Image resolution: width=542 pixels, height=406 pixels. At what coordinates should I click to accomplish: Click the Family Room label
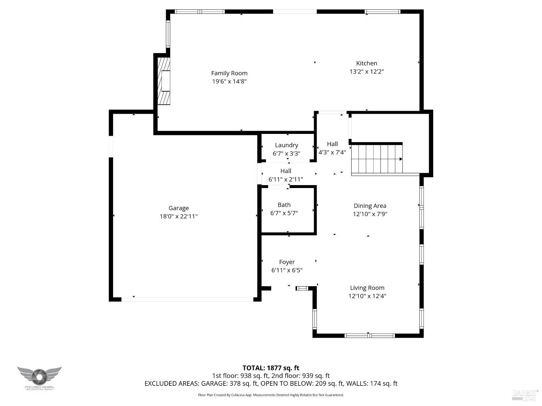pyautogui.click(x=229, y=73)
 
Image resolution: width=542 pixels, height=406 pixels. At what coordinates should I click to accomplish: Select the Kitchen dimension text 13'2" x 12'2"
pyautogui.click(x=366, y=71)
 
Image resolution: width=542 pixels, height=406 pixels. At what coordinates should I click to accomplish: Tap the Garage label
pyautogui.click(x=178, y=208)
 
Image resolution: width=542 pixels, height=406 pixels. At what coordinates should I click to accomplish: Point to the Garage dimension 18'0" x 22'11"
pyautogui.click(x=178, y=217)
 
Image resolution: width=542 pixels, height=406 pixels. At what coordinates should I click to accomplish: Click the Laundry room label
pyautogui.click(x=287, y=145)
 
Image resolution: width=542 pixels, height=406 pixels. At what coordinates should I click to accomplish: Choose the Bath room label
pyautogui.click(x=284, y=205)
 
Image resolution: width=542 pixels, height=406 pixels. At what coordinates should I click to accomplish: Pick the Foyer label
pyautogui.click(x=287, y=262)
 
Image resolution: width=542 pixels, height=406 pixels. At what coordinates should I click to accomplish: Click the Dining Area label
pyautogui.click(x=370, y=206)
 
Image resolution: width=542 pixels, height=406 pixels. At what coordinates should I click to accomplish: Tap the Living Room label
pyautogui.click(x=367, y=288)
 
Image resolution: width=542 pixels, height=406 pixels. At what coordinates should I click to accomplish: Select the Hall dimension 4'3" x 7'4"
pyautogui.click(x=332, y=152)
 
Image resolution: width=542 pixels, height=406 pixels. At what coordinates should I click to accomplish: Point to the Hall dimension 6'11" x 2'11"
pyautogui.click(x=285, y=179)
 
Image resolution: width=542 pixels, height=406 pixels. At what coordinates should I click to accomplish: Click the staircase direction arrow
pyautogui.click(x=400, y=159)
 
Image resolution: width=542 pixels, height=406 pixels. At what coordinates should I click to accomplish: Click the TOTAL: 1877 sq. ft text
pyautogui.click(x=271, y=368)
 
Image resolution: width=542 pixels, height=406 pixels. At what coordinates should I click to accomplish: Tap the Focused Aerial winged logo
pyautogui.click(x=39, y=376)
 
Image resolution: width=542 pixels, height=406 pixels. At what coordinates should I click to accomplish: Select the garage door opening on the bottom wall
pyautogui.click(x=187, y=299)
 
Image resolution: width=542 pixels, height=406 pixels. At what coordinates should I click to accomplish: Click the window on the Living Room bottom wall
pyautogui.click(x=370, y=336)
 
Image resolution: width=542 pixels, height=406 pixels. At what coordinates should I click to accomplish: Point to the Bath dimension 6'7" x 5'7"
pyautogui.click(x=284, y=213)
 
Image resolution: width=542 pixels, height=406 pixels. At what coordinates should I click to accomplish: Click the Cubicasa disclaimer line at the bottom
pyautogui.click(x=271, y=395)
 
